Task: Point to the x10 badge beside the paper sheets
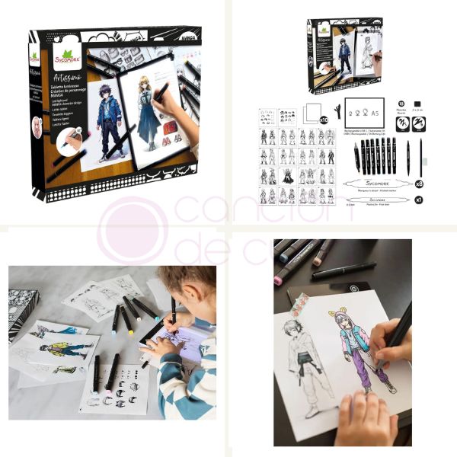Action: [x=322, y=120]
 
